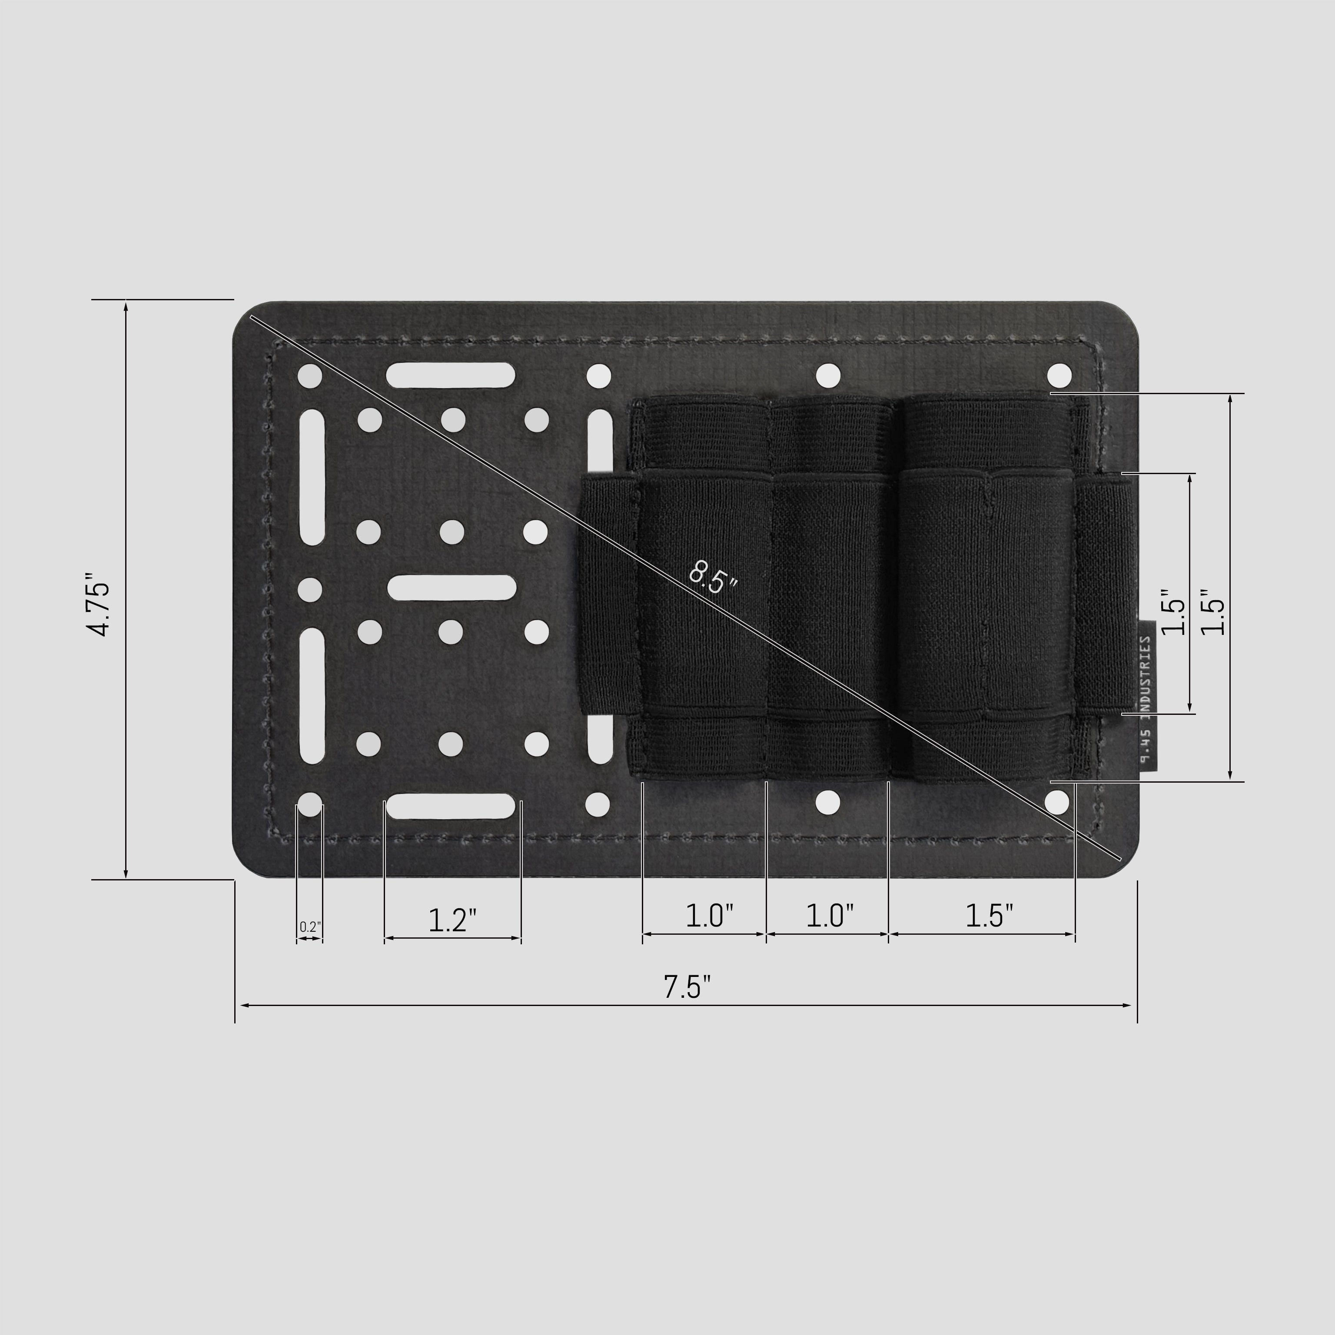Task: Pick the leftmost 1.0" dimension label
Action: coord(709,916)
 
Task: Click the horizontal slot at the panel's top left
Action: coord(451,375)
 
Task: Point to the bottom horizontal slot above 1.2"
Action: coord(451,806)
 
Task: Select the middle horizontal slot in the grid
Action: coord(452,588)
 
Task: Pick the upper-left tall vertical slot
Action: coord(313,476)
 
